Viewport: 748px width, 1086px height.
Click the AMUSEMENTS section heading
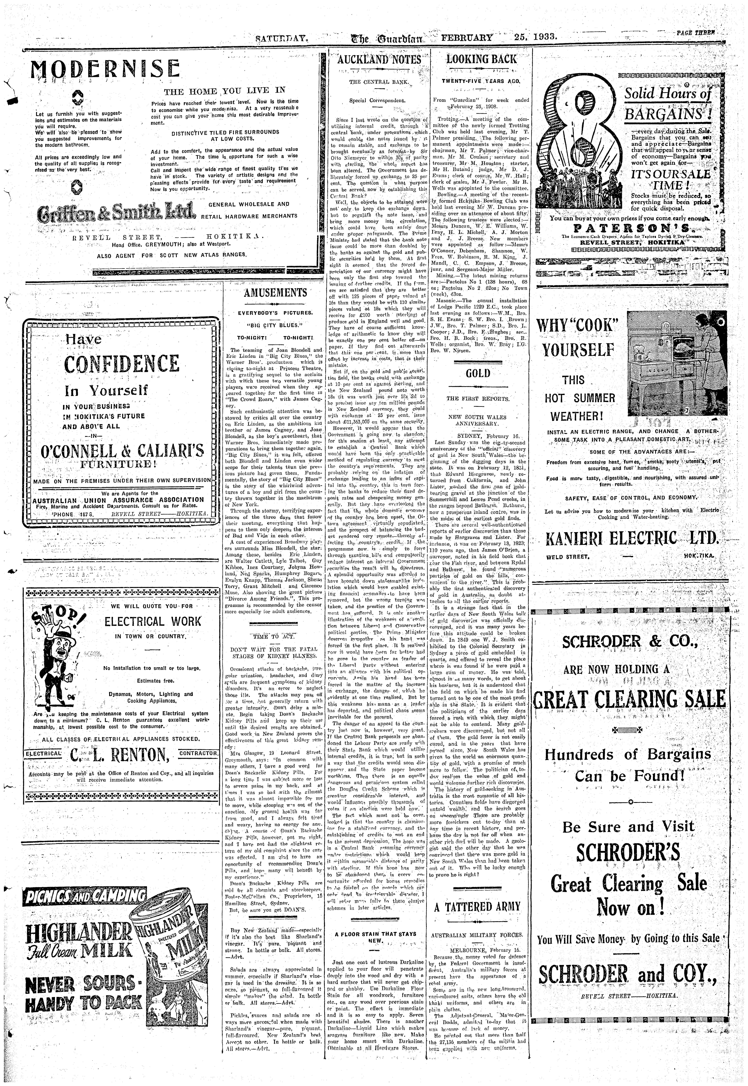click(x=275, y=293)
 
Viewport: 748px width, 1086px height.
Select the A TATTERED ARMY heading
click(x=478, y=907)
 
